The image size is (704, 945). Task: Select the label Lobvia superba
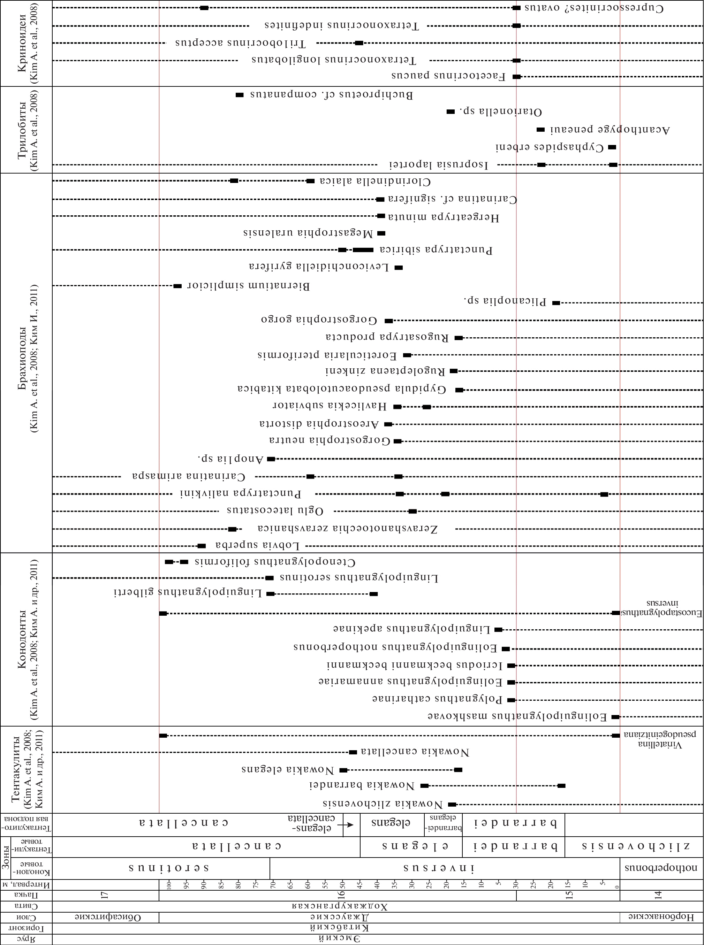(x=257, y=546)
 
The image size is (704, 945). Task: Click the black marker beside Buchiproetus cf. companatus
(x=240, y=94)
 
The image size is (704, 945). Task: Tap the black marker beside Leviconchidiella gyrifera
(x=399, y=268)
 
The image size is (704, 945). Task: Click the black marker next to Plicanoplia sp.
(x=556, y=303)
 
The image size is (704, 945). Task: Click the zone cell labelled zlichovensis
(x=635, y=846)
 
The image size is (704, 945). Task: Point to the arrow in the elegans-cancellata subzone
(x=349, y=824)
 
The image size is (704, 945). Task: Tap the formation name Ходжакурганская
(x=340, y=906)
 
